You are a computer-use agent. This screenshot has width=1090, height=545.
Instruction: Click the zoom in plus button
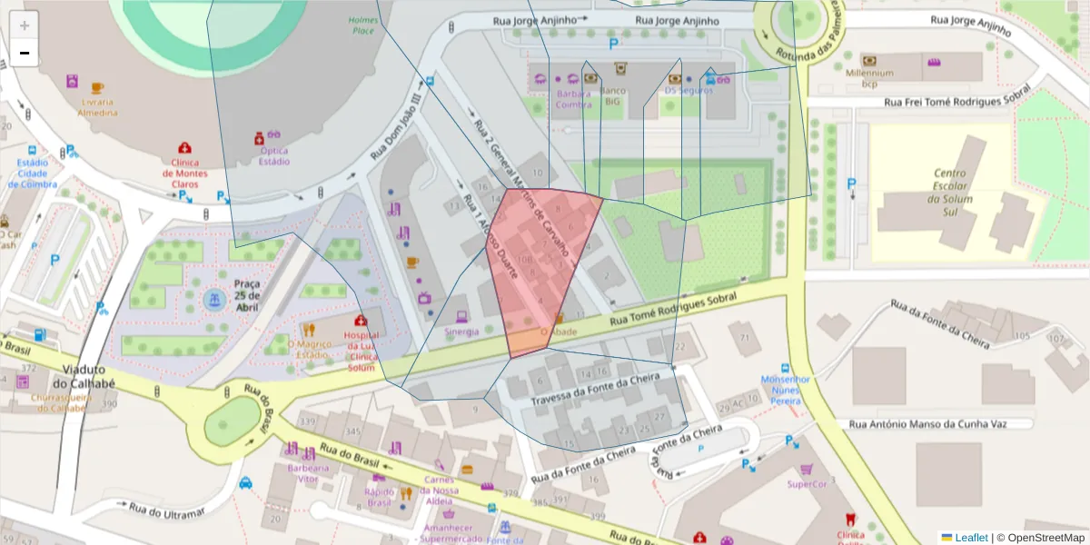25,25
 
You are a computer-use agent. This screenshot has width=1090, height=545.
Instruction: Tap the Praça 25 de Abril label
246,295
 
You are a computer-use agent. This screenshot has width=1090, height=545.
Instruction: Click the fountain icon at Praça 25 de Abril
214,301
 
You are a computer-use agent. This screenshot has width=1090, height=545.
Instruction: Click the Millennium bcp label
869,78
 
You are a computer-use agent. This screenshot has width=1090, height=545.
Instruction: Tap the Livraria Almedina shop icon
72,82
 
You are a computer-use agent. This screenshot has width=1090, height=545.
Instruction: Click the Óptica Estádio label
274,156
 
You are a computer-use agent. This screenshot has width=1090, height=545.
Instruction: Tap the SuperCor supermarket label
807,484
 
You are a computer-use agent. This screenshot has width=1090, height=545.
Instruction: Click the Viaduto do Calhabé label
90,377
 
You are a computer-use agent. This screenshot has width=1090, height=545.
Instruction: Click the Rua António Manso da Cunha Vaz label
940,423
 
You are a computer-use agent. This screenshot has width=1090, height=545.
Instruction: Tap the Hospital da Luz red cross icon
361,322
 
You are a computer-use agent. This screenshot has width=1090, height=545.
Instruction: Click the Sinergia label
461,332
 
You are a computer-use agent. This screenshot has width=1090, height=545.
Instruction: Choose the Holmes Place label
362,25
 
